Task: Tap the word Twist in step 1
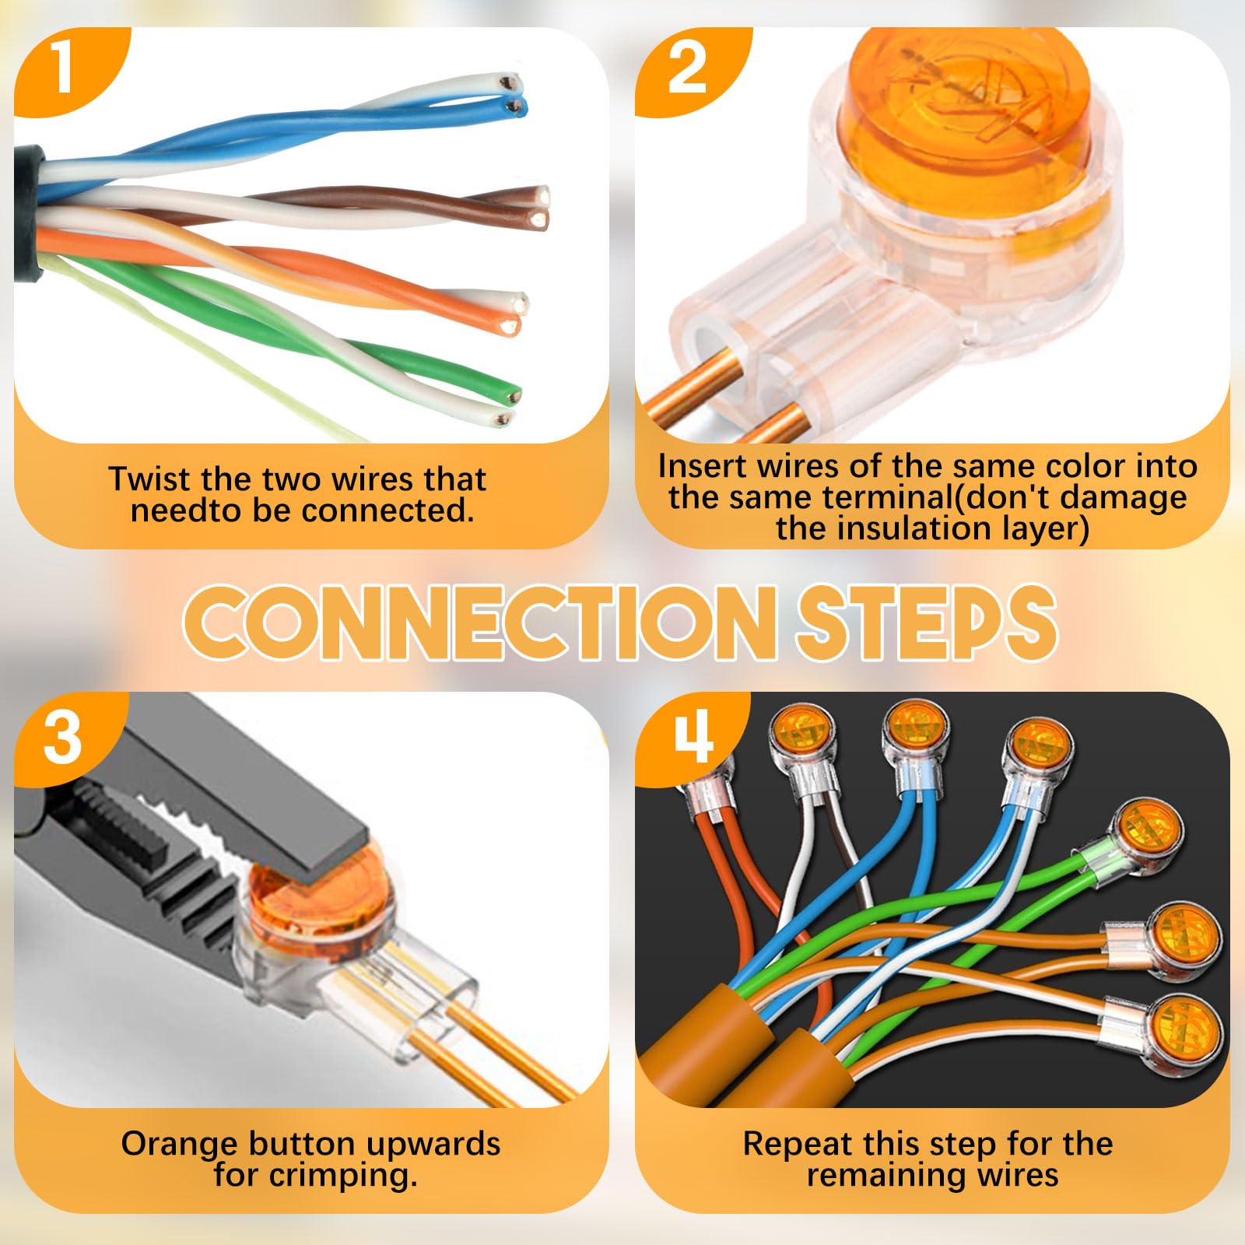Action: click(149, 479)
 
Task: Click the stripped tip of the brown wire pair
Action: click(539, 206)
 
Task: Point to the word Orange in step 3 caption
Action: click(181, 1145)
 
